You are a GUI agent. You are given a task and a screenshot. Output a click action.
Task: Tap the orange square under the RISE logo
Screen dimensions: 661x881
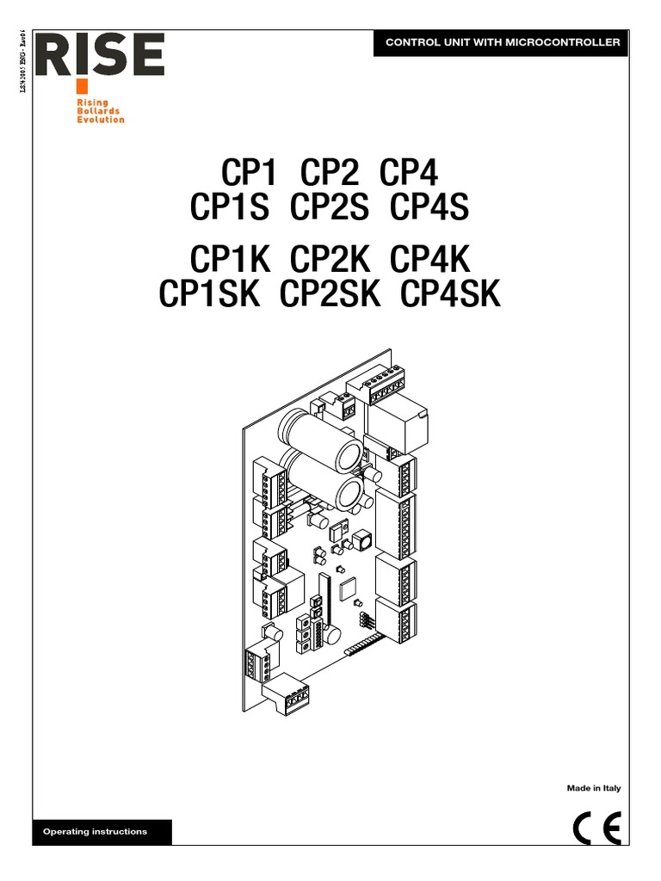pyautogui.click(x=82, y=86)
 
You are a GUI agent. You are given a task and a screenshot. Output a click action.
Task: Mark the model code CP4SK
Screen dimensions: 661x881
pyautogui.click(x=450, y=294)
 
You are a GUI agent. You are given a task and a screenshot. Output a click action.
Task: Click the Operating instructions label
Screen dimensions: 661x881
pyautogui.click(x=95, y=832)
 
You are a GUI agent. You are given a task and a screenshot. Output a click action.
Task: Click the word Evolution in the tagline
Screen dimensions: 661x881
pyautogui.click(x=101, y=120)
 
